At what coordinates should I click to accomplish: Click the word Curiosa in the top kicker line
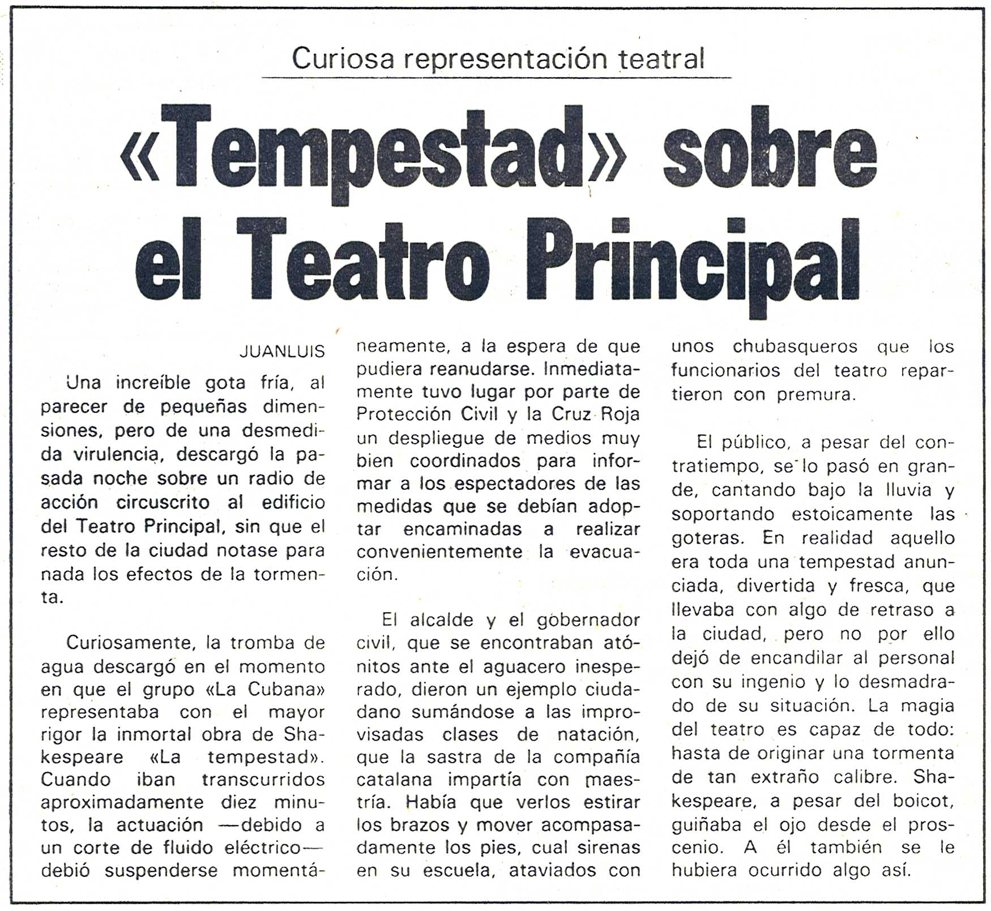[342, 58]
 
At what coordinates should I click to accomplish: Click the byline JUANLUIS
[282, 352]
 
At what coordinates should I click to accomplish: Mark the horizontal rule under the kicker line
[496, 78]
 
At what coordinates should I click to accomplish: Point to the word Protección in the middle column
[404, 414]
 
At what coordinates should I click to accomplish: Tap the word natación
[598, 735]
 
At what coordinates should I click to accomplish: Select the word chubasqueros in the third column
[794, 347]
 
